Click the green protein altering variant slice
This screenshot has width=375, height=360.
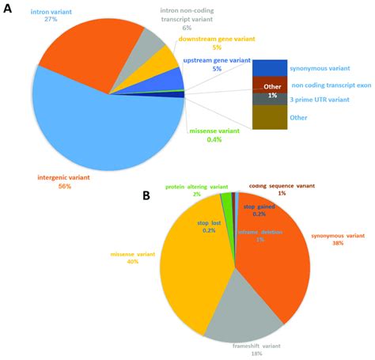[x=227, y=201]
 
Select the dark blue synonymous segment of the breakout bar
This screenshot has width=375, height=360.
[x=268, y=67]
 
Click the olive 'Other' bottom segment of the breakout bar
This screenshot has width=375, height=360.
[x=268, y=117]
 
